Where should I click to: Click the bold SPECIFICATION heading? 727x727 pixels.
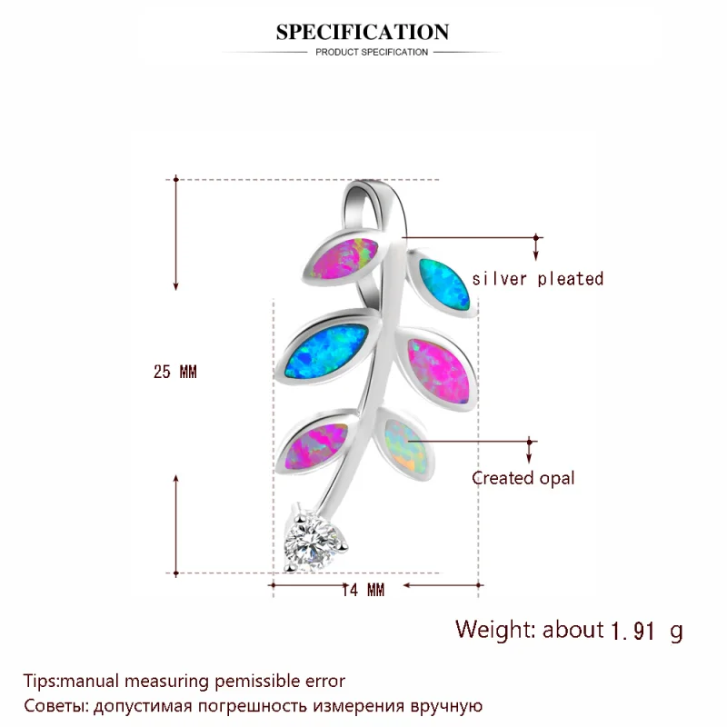coord(363,33)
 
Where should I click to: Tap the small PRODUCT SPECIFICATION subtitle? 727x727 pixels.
coord(371,53)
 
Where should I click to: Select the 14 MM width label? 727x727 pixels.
coord(363,590)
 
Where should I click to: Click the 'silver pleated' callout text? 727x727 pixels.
coord(537,279)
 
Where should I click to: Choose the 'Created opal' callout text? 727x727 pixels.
coord(523,478)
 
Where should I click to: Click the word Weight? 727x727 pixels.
coord(497,629)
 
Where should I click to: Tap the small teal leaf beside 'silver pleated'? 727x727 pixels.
coord(443,283)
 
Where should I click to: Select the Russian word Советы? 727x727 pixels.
coord(54,705)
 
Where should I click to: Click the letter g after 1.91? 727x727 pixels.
coord(675,630)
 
